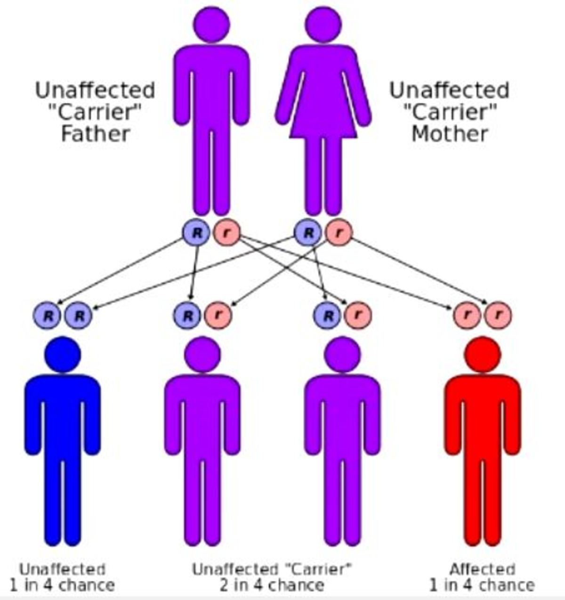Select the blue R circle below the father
[x=196, y=233]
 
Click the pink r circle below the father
[x=227, y=233]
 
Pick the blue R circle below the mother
[x=308, y=233]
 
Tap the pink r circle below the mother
[x=339, y=233]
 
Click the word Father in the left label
[x=96, y=134]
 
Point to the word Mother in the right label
[x=449, y=134]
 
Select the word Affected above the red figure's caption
[x=482, y=569]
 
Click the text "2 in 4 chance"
[x=272, y=585]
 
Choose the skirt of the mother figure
[x=323, y=120]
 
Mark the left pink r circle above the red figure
[x=467, y=315]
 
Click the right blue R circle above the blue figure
[x=79, y=315]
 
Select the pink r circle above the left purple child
[x=218, y=315]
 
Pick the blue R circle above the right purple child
[x=328, y=315]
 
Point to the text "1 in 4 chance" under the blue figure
[x=62, y=585]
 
